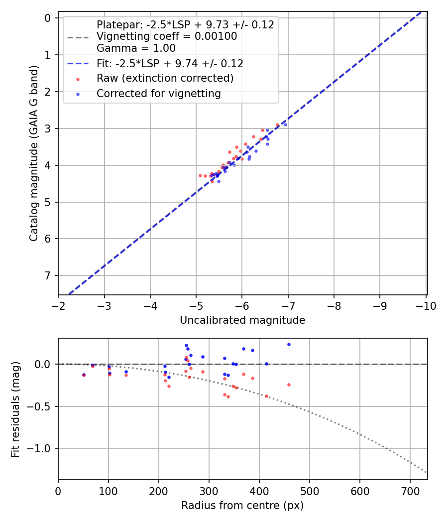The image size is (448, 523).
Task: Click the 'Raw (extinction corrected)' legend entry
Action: pos(165,78)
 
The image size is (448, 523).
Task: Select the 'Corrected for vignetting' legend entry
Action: pos(158,93)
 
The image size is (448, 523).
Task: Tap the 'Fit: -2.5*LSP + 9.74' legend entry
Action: pos(170,64)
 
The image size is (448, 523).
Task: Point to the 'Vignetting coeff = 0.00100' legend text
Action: pos(167,36)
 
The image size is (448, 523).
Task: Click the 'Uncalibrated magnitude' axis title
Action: pos(242,320)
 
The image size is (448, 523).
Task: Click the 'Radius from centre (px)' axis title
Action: pos(242,506)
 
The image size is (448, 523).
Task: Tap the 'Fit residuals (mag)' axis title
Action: pos(15,409)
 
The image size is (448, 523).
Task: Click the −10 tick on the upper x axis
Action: pos(426,305)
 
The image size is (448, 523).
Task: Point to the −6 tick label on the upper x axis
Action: pos(242,305)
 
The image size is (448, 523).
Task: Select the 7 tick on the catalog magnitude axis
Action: pos(48,275)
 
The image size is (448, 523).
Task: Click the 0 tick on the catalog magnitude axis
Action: pos(48,18)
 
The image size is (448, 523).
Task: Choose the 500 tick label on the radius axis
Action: pos(309,491)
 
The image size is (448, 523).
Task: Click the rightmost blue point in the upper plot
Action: pos(285,125)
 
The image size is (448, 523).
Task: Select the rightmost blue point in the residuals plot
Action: pos(289,344)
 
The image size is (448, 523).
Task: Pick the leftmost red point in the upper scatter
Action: pos(200,175)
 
